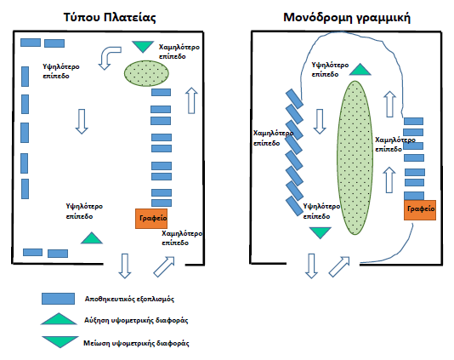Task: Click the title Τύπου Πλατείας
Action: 110,18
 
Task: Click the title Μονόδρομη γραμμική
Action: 347,18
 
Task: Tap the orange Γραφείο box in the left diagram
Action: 151,219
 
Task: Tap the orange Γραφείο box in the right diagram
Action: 420,210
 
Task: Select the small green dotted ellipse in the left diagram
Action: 146,73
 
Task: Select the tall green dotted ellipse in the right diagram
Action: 355,157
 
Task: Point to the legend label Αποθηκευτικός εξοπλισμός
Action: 129,299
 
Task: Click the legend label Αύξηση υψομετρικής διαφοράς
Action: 136,320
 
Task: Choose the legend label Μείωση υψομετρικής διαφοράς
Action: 136,343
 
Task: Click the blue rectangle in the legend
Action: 58,299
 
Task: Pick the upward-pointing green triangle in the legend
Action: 59,320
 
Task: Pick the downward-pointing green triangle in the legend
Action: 60,340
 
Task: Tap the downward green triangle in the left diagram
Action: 143,46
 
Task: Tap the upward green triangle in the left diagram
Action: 92,239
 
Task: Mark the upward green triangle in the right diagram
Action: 360,71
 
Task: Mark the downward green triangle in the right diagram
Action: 320,231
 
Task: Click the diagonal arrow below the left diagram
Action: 164,266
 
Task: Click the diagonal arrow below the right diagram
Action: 339,266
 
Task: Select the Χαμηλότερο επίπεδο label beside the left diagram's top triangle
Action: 179,52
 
